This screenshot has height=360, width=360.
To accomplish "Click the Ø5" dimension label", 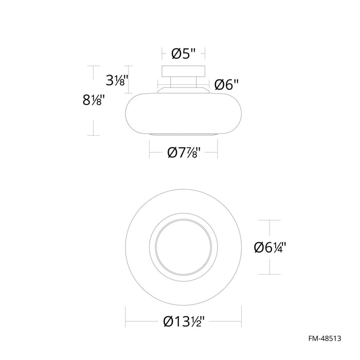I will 184,52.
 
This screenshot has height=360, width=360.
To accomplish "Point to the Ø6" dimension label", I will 227,85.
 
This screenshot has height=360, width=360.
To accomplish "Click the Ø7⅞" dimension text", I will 184,153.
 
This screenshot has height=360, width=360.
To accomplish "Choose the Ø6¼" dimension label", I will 269,247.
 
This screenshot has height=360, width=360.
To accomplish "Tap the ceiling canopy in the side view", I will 184,71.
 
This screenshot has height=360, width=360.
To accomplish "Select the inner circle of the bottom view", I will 184,247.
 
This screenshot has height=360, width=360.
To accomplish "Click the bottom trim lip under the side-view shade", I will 184,134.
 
